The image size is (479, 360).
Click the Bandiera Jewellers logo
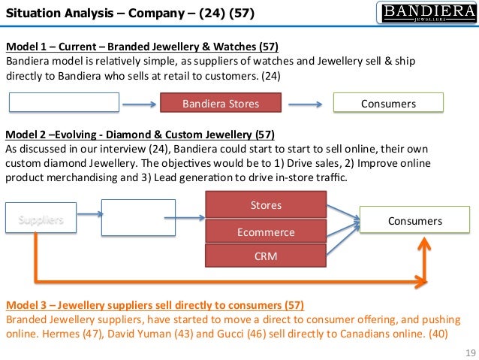click(424, 13)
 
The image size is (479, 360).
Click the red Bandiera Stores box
click(221, 103)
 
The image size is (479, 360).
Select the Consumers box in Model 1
click(387, 103)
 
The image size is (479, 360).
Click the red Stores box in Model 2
click(266, 204)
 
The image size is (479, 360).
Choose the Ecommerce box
click(266, 232)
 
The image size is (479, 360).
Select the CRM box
click(266, 257)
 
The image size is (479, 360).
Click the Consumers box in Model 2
click(414, 221)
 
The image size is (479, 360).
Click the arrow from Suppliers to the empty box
click(82, 221)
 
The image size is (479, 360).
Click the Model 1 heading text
click(142, 45)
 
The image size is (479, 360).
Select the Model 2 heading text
click(140, 135)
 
